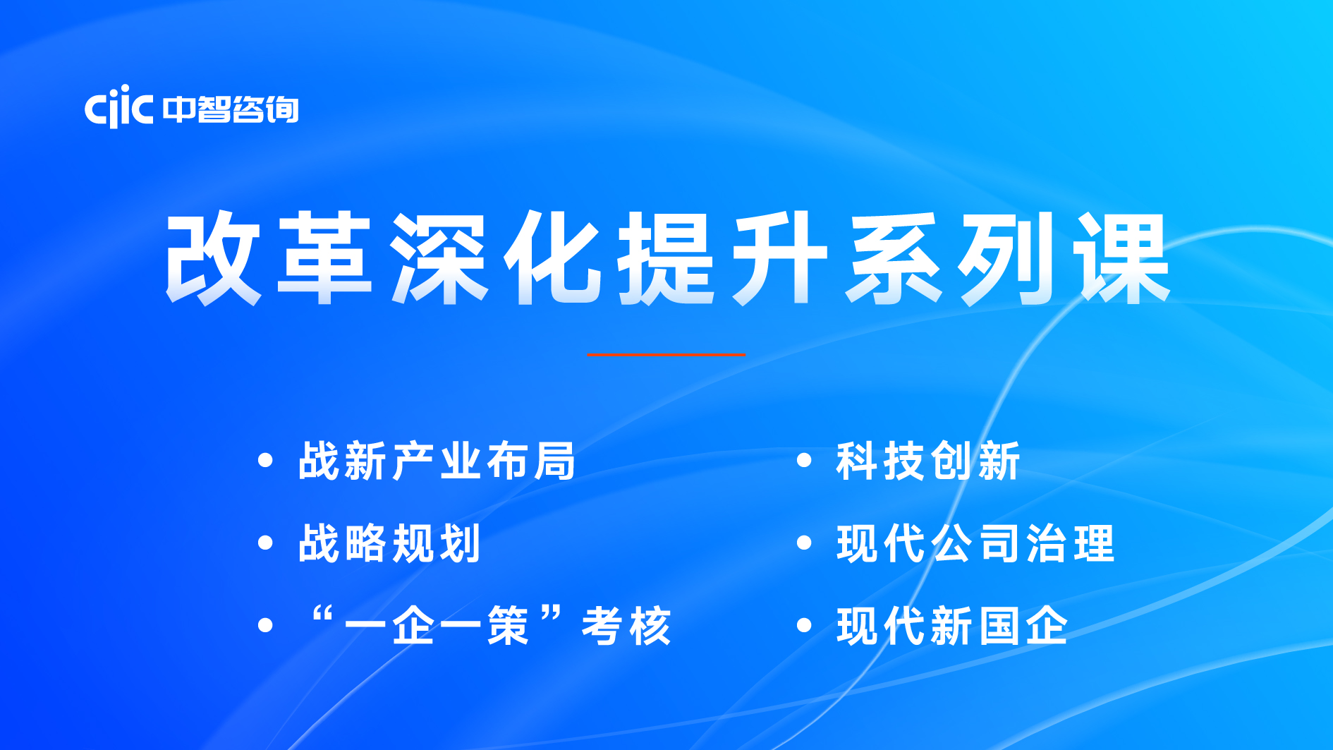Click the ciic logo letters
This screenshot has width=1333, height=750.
click(x=118, y=107)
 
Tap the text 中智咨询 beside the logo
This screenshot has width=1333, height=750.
click(x=231, y=109)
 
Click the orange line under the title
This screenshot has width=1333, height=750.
click(x=666, y=355)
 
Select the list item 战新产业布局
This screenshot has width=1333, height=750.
click(x=437, y=461)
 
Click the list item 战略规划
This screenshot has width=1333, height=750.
click(x=389, y=543)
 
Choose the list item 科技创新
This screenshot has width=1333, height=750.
click(x=928, y=461)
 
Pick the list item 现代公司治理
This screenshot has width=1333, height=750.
click(x=975, y=543)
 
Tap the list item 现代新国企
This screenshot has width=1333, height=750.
click(x=952, y=626)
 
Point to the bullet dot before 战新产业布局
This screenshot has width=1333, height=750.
click(x=265, y=461)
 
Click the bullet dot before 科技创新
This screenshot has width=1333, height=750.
click(x=804, y=461)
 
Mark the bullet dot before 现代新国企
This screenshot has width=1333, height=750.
click(x=804, y=625)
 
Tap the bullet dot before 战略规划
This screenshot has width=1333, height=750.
click(x=265, y=543)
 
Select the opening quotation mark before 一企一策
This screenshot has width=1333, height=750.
click(x=322, y=612)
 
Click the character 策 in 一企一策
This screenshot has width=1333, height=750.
click(x=508, y=626)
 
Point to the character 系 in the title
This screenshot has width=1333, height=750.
click(x=894, y=258)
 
